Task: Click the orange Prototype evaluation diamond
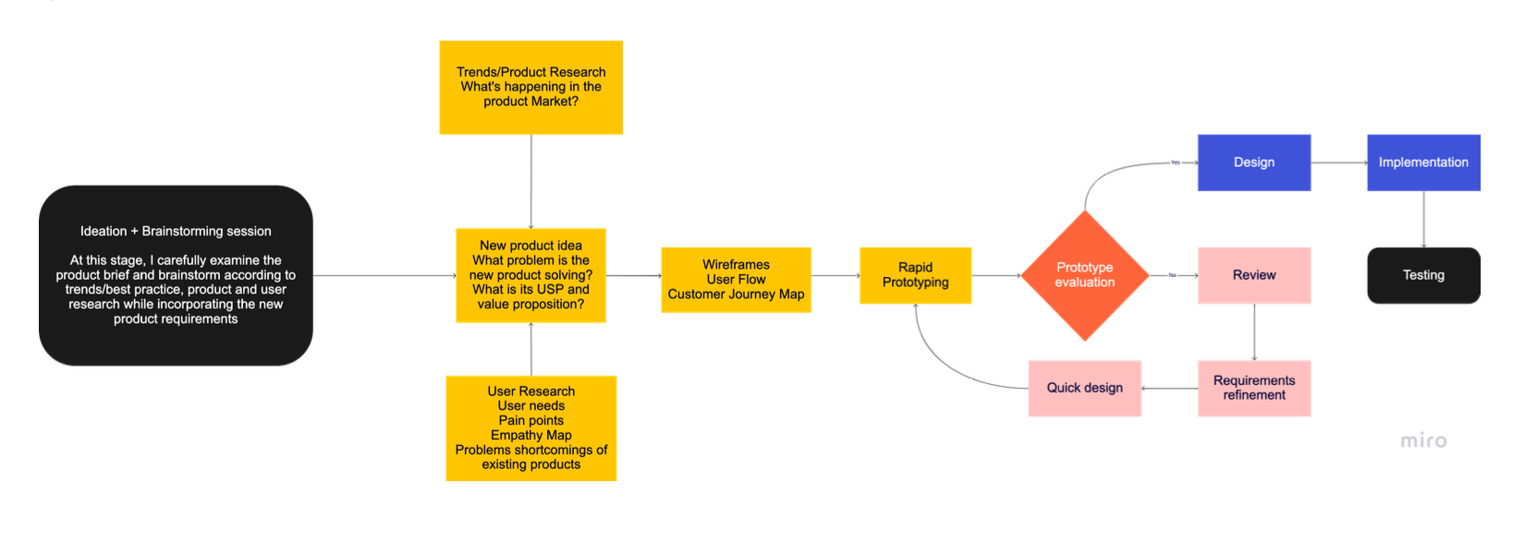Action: [x=1084, y=275]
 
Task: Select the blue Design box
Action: [x=1254, y=163]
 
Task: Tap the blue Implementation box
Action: [x=1423, y=163]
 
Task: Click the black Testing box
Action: [x=1423, y=275]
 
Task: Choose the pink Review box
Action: [x=1254, y=275]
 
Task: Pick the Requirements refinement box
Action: [x=1254, y=388]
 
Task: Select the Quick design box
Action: [x=1084, y=388]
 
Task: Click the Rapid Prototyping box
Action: [x=916, y=275]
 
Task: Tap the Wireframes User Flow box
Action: [x=736, y=280]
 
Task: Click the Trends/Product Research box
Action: [x=531, y=87]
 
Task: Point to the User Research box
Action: [x=531, y=428]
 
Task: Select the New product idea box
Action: [x=531, y=275]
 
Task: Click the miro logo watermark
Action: [x=1423, y=440]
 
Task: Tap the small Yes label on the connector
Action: [x=1175, y=163]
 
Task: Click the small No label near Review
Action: [x=1172, y=275]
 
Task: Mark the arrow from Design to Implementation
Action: [x=1339, y=163]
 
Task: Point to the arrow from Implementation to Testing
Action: [x=1423, y=219]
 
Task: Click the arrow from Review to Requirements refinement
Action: [x=1254, y=332]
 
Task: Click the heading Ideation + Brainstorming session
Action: [x=176, y=232]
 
